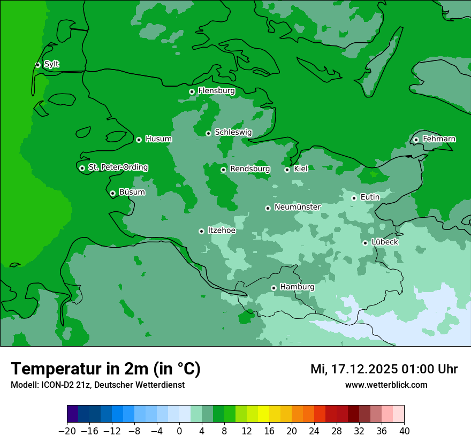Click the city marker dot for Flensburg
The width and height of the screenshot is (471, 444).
coord(192,91)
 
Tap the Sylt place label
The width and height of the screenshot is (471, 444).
coord(51,64)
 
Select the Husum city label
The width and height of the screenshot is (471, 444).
coord(158,139)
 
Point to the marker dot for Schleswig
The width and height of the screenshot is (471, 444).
coord(208,133)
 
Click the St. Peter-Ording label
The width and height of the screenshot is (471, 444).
coord(118,167)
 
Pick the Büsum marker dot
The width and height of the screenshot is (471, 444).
coord(112,193)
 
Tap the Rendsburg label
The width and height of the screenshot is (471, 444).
coord(249,169)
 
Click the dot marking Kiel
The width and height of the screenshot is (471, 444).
coord(287,170)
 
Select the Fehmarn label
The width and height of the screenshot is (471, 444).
coord(439,139)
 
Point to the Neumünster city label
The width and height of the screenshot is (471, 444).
coord(297,207)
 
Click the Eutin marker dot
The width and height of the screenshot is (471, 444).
coord(354,198)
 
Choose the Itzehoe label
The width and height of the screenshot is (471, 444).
coord(222,231)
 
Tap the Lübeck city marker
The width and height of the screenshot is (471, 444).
coord(365,243)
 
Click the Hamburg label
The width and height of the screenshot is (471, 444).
coord(297,287)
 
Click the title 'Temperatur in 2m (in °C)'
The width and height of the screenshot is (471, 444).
coord(105,369)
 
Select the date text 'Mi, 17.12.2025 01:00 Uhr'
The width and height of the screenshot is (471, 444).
coord(384,369)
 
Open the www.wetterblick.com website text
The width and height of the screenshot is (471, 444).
coord(386,385)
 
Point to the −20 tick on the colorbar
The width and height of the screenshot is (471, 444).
coord(67,431)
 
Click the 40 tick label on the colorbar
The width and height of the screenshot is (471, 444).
coord(404,431)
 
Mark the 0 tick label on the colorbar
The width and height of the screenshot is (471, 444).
coord(179,431)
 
